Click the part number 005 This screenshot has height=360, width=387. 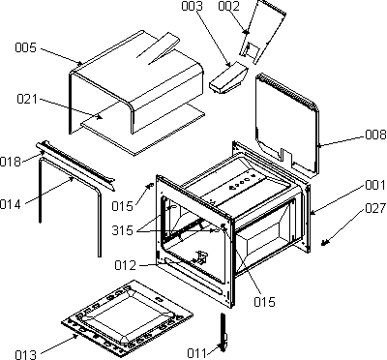coord(26,48)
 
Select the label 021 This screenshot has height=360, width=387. coord(27,99)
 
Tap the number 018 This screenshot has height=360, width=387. coord(11,162)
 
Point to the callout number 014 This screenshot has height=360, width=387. coord(11,204)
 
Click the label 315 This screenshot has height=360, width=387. coord(122,230)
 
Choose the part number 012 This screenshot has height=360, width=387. coord(126,265)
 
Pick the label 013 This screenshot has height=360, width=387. coord(26,354)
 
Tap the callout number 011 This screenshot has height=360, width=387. coord(196,353)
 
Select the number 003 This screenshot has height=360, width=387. coord(192,6)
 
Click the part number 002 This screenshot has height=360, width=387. coord(229,6)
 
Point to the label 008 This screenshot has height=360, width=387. coord(375,135)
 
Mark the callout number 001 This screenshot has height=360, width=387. coord(375,185)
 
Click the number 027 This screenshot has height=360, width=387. coord(375,208)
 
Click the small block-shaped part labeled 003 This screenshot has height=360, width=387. coord(228,78)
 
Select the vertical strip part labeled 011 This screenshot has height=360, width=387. coord(223,332)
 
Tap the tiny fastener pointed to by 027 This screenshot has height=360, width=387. coord(324,243)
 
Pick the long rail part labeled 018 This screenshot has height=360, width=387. coord(75,165)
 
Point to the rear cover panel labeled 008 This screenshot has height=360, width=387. coord(287,124)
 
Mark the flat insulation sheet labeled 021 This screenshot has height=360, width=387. coord(143,129)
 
